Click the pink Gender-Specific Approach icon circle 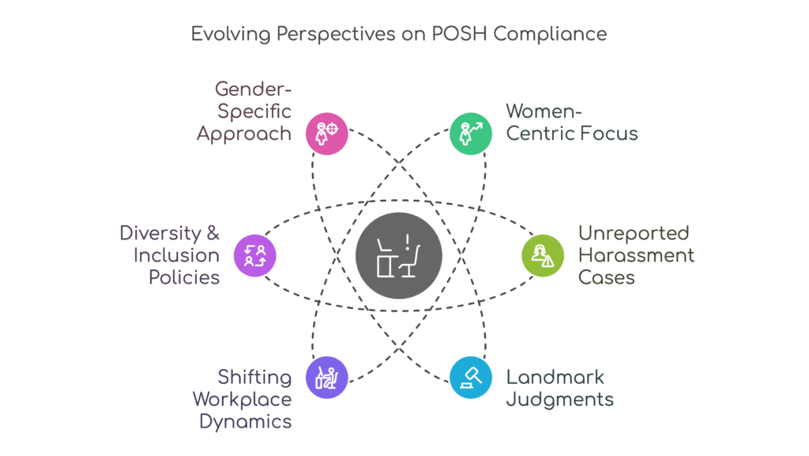[326, 133]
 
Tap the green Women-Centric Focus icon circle [471, 133]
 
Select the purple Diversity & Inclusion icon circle [254, 254]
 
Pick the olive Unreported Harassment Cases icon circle [543, 254]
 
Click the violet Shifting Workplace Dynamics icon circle [326, 377]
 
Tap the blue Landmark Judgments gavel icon [471, 377]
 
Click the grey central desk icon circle [398, 255]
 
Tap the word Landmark [544, 378]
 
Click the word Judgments [559, 399]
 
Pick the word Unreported [634, 234]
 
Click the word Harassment [637, 255]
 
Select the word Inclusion [176, 255]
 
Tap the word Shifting [254, 378]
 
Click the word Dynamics [245, 421]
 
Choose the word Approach [244, 134]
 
